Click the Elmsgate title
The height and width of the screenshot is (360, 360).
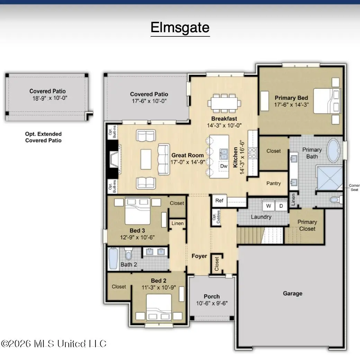pos(180,28)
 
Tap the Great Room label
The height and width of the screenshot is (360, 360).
pos(188,155)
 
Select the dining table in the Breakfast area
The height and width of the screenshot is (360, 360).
pos(224,103)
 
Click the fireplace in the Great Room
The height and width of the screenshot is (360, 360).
pos(114,159)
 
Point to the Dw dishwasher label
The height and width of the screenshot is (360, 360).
pos(224,166)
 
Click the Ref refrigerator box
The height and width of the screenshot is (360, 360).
pos(219,200)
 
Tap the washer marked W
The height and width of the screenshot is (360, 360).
pos(268,206)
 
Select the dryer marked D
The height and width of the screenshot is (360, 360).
pos(281,206)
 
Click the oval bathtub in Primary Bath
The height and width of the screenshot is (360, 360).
pos(333,150)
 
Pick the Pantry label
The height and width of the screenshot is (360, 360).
pos(273,183)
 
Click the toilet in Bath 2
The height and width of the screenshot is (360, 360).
pos(128,254)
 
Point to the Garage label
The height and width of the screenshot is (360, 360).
pos(292,294)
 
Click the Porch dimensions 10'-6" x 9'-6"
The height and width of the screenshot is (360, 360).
pos(212,303)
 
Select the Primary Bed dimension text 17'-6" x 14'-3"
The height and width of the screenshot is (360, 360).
pos(291,105)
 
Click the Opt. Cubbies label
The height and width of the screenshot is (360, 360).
pos(216,217)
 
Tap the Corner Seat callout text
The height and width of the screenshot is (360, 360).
pos(354,188)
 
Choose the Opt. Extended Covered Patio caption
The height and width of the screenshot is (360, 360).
pos(43,137)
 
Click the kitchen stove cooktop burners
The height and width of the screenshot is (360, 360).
pos(252,153)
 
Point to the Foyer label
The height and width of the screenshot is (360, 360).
pos(199,256)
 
